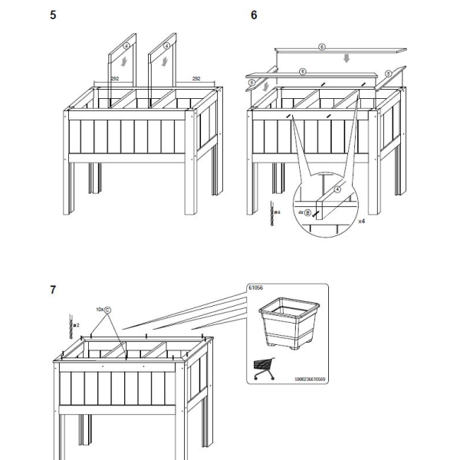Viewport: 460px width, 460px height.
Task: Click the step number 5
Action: click(x=52, y=15)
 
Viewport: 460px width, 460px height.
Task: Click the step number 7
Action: click(x=52, y=290)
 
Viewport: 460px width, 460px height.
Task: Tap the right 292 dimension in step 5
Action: click(x=195, y=78)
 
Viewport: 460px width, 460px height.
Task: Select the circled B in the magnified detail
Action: click(x=307, y=212)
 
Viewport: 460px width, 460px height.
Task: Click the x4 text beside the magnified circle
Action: click(x=361, y=220)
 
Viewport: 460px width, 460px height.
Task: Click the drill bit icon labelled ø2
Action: click(x=70, y=326)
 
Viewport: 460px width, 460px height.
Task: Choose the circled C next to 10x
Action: click(x=107, y=310)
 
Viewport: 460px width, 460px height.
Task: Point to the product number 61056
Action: click(x=255, y=288)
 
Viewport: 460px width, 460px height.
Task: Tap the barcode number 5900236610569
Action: click(x=303, y=378)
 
